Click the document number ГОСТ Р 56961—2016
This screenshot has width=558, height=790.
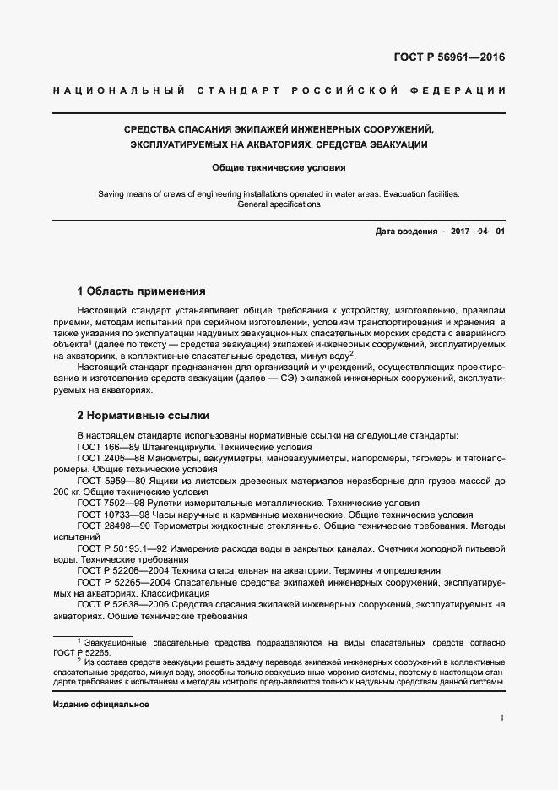point(456,58)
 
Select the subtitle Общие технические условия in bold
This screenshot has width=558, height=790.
point(279,168)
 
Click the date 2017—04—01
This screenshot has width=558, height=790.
point(476,232)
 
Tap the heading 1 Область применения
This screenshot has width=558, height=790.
point(141,291)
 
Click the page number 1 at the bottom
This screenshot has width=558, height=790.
point(502,718)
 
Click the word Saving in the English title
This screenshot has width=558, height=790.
point(111,193)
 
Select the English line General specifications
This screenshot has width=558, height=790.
point(279,204)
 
